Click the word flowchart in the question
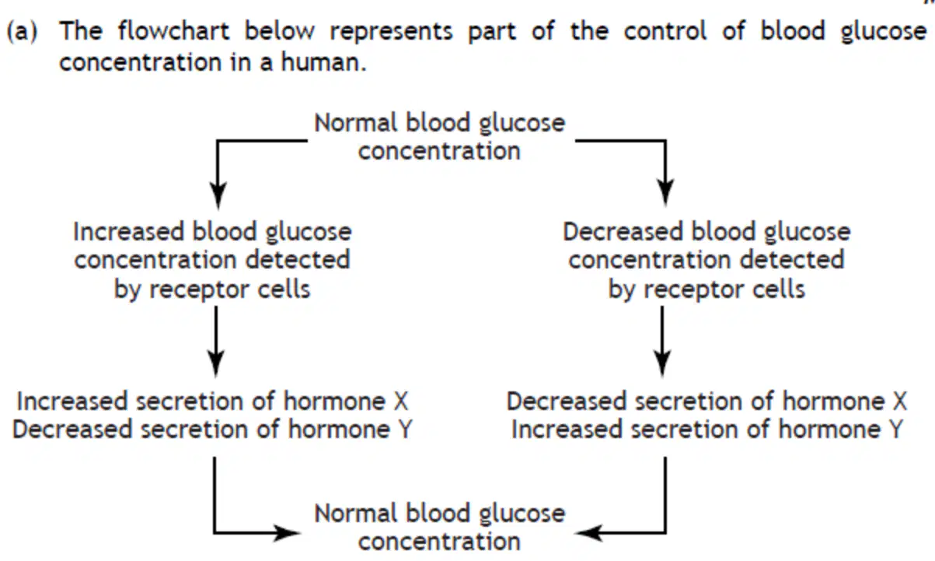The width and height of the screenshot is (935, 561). tap(173, 31)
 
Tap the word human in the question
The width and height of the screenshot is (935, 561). tap(323, 62)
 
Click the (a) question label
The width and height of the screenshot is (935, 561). tap(22, 31)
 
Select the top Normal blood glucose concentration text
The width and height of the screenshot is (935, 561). tap(440, 137)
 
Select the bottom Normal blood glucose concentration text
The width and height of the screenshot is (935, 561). tap(440, 528)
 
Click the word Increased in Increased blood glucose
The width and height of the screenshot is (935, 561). tap(128, 231)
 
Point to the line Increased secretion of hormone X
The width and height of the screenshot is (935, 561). tap(212, 401)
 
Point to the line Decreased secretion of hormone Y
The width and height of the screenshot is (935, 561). tap(212, 430)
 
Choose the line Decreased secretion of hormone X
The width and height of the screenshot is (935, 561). tap(706, 401)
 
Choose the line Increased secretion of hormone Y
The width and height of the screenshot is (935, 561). tap(707, 430)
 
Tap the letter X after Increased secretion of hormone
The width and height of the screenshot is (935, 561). tap(401, 401)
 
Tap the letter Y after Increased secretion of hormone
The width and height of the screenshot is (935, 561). tap(895, 430)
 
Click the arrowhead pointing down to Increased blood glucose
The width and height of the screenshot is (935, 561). tap(218, 195)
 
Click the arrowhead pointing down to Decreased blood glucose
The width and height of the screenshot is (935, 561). tap(665, 195)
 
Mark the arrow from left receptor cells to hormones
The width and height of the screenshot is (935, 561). tap(216, 342)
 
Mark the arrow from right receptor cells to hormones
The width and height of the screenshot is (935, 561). tap(662, 342)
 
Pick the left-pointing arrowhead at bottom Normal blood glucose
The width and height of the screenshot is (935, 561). tap(588, 532)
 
